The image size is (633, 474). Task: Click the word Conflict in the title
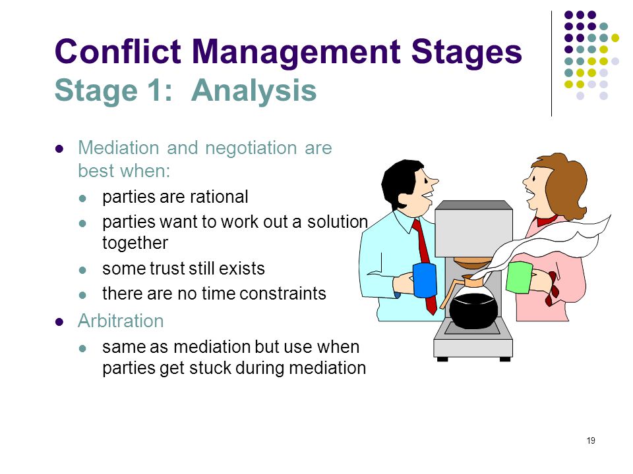(x=118, y=51)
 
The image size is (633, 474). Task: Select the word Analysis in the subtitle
(x=254, y=91)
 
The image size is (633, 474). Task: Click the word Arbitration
(x=121, y=321)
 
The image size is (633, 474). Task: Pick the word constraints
(x=283, y=294)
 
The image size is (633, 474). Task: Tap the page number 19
(x=591, y=440)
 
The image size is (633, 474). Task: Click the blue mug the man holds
(x=425, y=280)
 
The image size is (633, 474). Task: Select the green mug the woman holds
(x=520, y=277)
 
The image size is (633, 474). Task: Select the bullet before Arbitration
(x=59, y=322)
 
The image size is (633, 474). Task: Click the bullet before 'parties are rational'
(x=83, y=198)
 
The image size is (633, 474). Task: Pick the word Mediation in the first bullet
(x=119, y=147)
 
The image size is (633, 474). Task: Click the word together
(x=135, y=243)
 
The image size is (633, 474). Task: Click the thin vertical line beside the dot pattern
(x=551, y=64)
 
